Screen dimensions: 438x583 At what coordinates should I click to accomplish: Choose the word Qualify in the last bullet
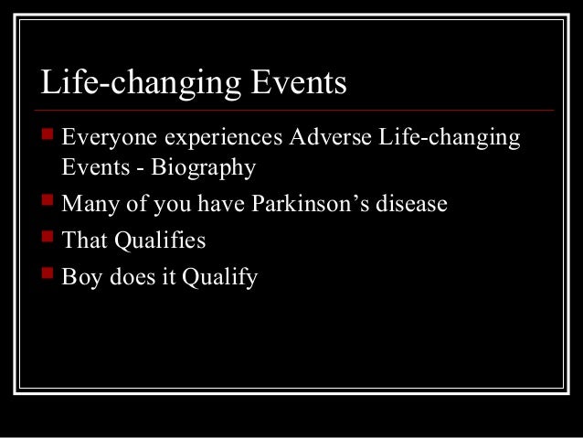(x=219, y=277)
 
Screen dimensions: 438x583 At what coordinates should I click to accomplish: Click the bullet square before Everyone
(x=47, y=138)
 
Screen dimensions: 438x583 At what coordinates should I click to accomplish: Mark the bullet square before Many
(x=47, y=202)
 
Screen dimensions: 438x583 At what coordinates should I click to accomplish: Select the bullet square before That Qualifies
(x=47, y=239)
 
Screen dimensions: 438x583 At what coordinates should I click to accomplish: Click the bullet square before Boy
(x=47, y=275)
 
